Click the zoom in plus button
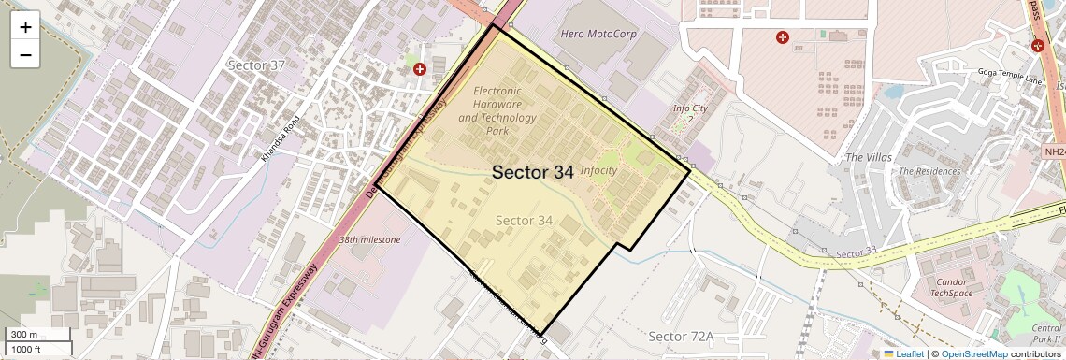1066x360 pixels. point(25,27)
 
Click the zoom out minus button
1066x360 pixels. point(25,55)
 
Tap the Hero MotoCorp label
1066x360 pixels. point(598,35)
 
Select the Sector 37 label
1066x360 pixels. point(256,65)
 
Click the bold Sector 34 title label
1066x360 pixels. point(532,172)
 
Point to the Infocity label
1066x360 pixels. point(598,171)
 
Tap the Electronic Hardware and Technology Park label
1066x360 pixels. point(497,110)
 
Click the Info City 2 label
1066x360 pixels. point(689,114)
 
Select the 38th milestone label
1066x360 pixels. point(369,240)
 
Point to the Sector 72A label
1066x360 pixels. point(681,336)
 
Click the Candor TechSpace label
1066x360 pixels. point(951,287)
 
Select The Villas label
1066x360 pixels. point(868,157)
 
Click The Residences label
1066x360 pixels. point(929,172)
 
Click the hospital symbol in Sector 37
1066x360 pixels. point(420,68)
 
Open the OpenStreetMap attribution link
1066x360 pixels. point(974,353)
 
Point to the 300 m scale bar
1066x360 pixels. point(37,335)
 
